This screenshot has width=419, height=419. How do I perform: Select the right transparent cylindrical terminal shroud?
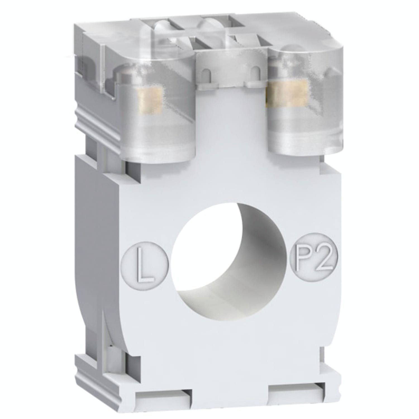coord(302,112)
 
